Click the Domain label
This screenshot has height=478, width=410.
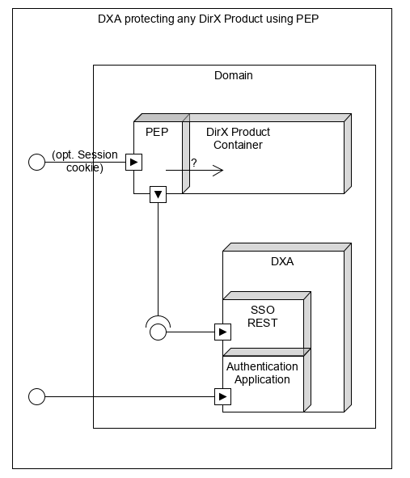233,75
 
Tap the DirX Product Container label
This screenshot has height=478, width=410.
238,138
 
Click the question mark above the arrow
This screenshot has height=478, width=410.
194,163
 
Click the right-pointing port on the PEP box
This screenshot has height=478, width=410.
134,163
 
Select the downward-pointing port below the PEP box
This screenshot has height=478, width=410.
158,194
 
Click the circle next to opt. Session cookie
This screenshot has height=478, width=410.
36,163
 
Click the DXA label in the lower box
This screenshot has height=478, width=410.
282,261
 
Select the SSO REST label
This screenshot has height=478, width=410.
263,316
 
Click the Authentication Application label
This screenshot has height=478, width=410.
262,373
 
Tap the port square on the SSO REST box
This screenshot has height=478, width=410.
222,332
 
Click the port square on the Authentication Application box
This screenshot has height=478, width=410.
222,396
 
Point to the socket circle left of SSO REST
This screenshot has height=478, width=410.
158,331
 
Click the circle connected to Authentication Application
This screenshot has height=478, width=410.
36,396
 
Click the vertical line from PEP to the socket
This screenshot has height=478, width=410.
158,259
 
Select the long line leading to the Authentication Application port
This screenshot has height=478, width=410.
129,396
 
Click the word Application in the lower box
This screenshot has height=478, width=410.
262,379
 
